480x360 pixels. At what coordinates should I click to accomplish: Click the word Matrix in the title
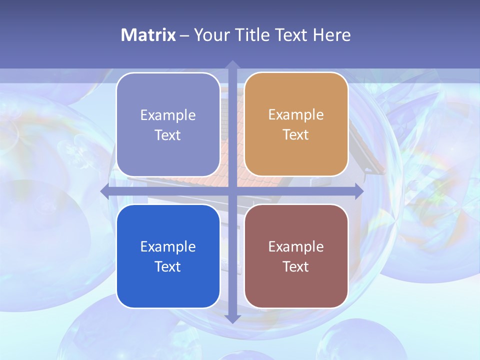click(x=148, y=35)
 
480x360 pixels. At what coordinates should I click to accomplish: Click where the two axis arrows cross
click(x=232, y=191)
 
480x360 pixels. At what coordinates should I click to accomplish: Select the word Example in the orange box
click(x=295, y=114)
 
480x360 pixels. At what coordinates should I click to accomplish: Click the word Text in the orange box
click(x=295, y=134)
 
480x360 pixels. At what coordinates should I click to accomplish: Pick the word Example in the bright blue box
click(x=167, y=246)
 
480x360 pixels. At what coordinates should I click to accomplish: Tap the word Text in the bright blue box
click(x=167, y=266)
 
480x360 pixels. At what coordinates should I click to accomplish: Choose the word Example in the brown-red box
click(x=295, y=246)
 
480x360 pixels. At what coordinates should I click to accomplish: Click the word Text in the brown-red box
click(x=295, y=266)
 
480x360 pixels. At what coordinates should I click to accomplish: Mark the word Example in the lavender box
click(x=167, y=115)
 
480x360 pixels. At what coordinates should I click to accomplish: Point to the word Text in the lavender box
click(x=167, y=135)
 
